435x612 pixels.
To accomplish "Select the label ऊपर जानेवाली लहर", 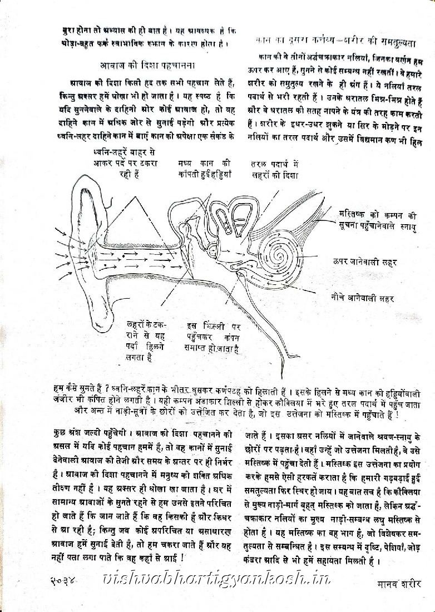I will click(x=365, y=260).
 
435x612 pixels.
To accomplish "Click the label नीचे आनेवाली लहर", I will click(x=361, y=298).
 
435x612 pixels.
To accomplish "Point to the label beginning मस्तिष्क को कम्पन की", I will click(x=378, y=220).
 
